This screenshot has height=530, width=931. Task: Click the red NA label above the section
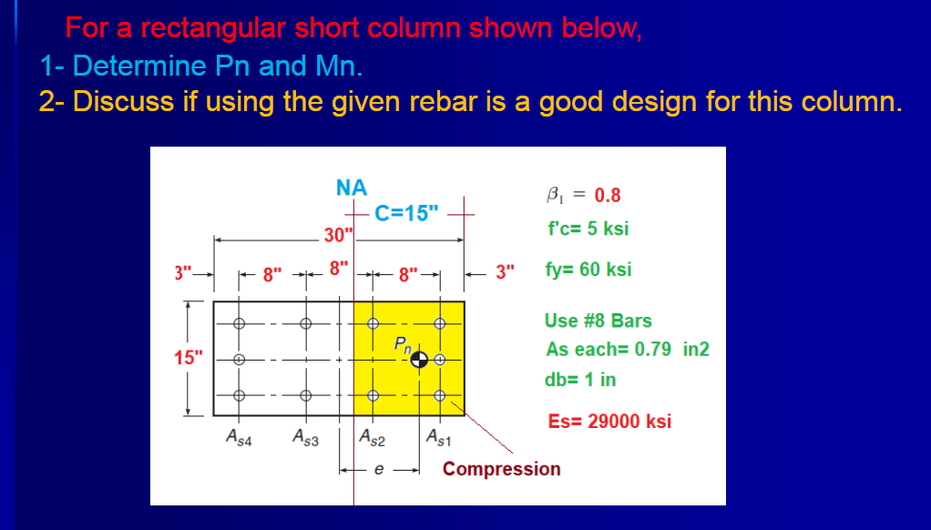tap(351, 188)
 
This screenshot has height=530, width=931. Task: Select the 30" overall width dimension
tap(338, 236)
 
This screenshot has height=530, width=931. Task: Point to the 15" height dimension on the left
tap(186, 356)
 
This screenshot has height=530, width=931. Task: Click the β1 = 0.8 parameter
tap(583, 195)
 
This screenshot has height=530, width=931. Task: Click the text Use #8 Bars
tap(598, 321)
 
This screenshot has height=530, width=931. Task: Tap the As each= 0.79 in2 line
tap(627, 350)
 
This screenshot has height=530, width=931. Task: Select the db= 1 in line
tap(579, 380)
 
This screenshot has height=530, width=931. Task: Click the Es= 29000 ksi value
tap(609, 421)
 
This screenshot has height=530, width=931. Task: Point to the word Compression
tap(501, 469)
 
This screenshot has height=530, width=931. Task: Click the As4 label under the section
tap(239, 438)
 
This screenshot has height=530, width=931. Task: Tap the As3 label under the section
tap(305, 438)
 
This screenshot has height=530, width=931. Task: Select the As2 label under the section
tap(373, 438)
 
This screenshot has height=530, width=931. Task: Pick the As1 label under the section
tap(438, 438)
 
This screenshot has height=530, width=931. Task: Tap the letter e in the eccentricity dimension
tap(380, 471)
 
